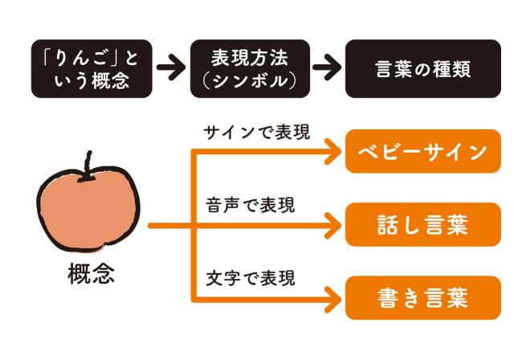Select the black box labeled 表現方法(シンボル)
[x=251, y=68]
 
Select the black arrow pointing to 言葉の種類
[x=326, y=68]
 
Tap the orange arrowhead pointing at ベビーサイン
[x=332, y=151]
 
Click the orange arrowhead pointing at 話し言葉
[x=332, y=225]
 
